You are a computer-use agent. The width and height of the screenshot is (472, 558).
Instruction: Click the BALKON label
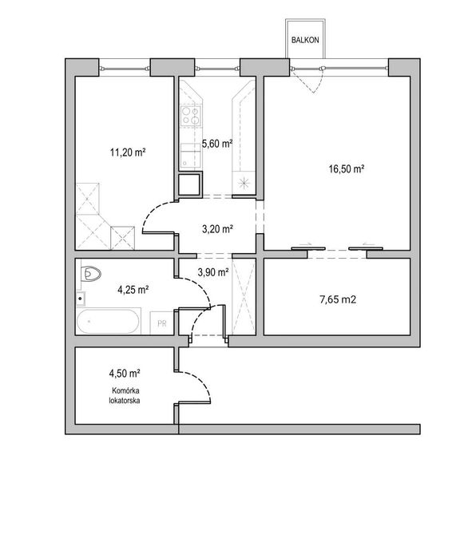coord(305,40)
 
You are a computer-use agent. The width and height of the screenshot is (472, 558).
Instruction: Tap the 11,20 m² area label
coord(128,152)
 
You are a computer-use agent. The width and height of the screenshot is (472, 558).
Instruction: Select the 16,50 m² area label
coord(346,168)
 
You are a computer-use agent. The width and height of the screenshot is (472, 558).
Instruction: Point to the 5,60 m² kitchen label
coord(217,144)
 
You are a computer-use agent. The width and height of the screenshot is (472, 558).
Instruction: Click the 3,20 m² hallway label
coord(217,229)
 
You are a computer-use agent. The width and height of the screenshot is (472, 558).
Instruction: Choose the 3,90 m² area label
coord(213,272)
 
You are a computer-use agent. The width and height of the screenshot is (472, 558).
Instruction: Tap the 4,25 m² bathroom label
coord(133,290)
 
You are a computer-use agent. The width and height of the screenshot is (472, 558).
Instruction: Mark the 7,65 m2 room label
coord(338,299)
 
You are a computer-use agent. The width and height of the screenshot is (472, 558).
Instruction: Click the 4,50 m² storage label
coord(125,374)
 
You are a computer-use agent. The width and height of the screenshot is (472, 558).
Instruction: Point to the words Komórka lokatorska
coord(125,395)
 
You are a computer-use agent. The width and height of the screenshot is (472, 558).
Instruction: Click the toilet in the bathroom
coord(90,274)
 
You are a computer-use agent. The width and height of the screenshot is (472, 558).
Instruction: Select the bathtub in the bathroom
coord(108,322)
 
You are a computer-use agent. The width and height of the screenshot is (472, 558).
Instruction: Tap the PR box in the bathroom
coord(161,323)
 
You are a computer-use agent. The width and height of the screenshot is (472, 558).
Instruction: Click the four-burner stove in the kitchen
coord(191,116)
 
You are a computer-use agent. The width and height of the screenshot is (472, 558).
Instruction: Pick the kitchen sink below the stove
coord(190,156)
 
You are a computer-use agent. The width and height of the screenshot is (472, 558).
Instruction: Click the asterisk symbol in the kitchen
coord(244,183)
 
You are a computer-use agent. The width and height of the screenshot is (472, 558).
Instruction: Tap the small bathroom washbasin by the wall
coord(81,299)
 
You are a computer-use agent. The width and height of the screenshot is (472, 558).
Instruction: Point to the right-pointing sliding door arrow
coord(306,244)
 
